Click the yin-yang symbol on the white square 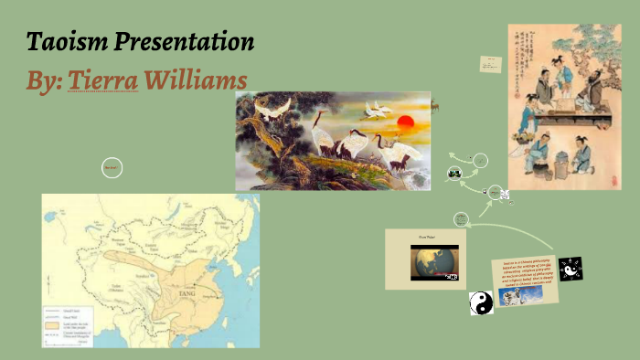tap(482, 303)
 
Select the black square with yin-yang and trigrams tap(571, 269)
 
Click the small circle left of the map tap(112, 167)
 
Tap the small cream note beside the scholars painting tap(489, 64)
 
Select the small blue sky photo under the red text tap(519, 297)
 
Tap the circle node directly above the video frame tap(461, 218)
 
